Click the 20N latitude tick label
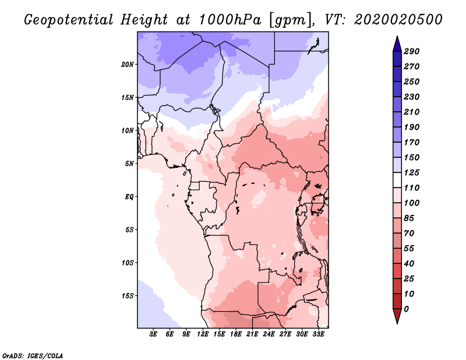pos(128,64)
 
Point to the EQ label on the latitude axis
pos(129,196)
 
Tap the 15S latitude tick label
pos(128,295)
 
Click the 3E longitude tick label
pos(154,334)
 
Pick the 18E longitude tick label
pos(236,334)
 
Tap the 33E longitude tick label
pos(318,334)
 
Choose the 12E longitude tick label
pos(203,334)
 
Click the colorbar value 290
pos(412,51)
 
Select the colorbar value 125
pos(412,172)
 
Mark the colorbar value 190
pos(412,127)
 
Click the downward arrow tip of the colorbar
pos(396,322)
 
